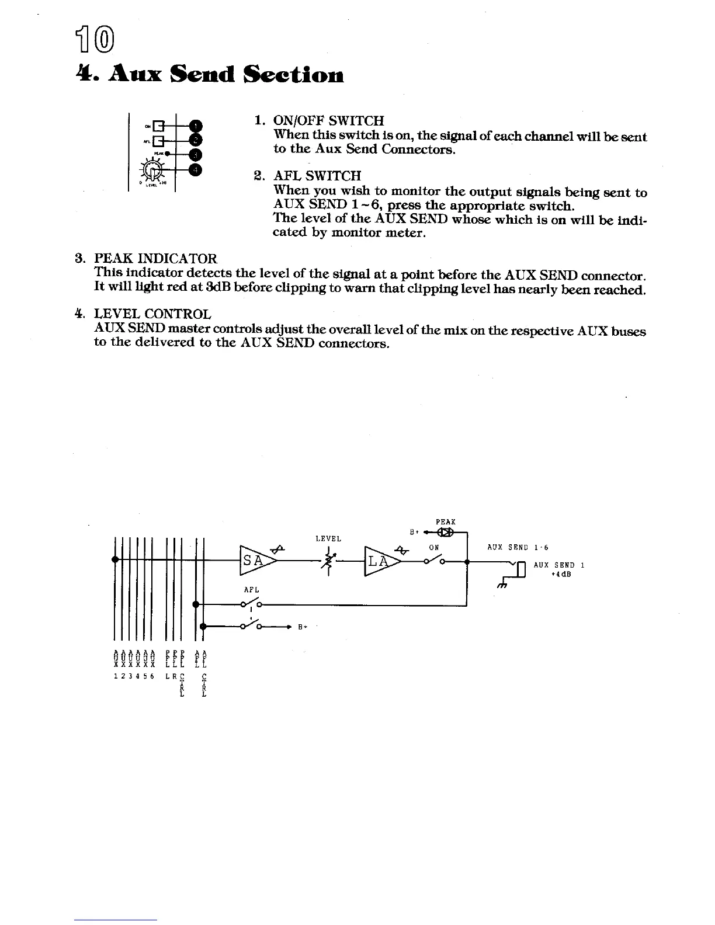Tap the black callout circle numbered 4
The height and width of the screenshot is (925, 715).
click(x=197, y=170)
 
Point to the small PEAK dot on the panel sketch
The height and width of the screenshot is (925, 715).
click(x=166, y=154)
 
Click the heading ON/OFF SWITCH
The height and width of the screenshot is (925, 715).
click(x=329, y=121)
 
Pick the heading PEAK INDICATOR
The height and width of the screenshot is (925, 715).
click(x=155, y=259)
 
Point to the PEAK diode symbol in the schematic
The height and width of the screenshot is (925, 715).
click(x=447, y=533)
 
